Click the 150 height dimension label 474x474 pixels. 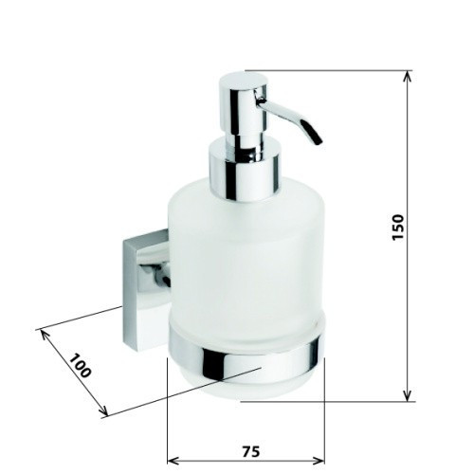pyautogui.click(x=398, y=228)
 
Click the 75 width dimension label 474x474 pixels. pyautogui.click(x=251, y=451)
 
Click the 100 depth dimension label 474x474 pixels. pyautogui.click(x=80, y=366)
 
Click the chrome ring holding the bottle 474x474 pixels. pyautogui.click(x=246, y=358)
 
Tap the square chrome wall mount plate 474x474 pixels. pyautogui.click(x=145, y=291)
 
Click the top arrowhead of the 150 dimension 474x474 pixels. pyautogui.click(x=408, y=76)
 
